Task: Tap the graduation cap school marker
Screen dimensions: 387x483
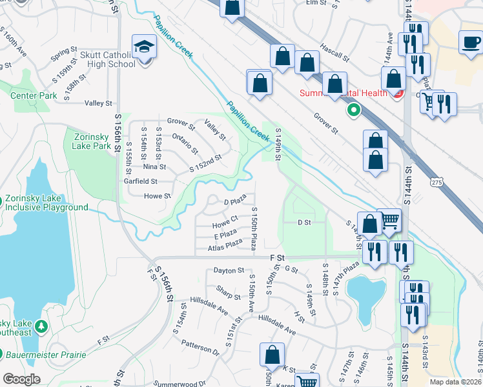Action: [x=143, y=46]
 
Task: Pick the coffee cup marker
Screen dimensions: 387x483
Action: [x=471, y=43]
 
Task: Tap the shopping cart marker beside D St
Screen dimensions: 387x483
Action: [x=389, y=221]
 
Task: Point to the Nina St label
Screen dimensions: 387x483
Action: [x=154, y=166]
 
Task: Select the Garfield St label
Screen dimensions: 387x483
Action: [x=141, y=181]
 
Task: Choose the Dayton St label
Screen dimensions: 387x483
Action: [x=229, y=271]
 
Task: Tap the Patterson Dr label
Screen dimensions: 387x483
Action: [x=200, y=347]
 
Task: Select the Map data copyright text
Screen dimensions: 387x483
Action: [x=455, y=382]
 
